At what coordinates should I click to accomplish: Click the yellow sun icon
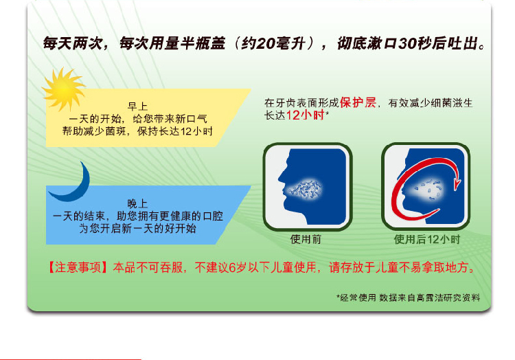64,89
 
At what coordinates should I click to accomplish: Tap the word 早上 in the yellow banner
137,106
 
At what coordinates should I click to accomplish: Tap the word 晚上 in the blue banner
137,203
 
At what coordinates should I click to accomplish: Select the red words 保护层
358,102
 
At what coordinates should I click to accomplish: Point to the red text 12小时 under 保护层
305,115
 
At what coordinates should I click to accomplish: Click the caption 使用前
306,239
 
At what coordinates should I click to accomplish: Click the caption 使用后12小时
426,239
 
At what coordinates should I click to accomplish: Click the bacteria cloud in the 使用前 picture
304,189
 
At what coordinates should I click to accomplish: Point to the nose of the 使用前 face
281,179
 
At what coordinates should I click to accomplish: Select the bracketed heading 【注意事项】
78,267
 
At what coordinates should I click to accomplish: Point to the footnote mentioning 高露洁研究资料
409,297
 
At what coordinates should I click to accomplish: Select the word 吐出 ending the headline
463,43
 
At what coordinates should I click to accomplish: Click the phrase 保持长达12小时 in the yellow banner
175,131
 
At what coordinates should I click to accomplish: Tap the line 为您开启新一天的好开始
137,228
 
